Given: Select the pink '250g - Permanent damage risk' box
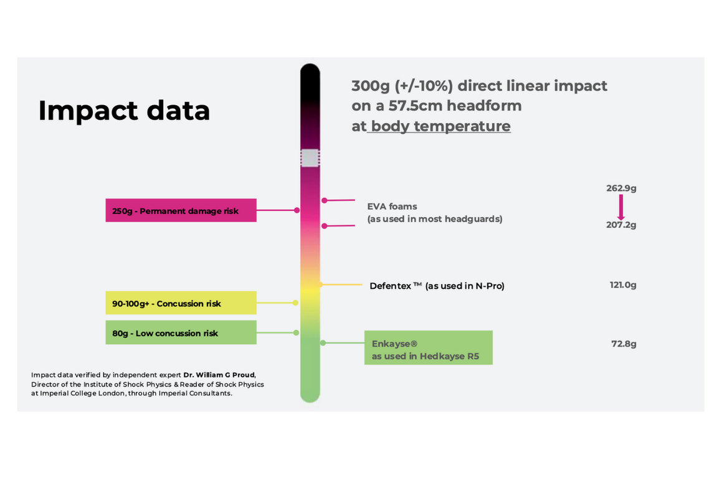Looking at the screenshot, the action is coord(181,210).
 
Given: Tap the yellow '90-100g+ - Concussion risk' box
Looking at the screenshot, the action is coord(181,302).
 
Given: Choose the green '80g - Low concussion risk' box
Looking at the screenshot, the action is coord(181,332).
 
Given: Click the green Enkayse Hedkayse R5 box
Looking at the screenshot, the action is coord(428,347).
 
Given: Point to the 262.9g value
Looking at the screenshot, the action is coord(621,188).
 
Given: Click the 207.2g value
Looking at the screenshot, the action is coord(621,225).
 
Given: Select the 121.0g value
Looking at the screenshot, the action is coord(622,285).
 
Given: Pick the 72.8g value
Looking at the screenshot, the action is coord(624,344).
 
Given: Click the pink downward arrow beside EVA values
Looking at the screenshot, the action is coord(621,207).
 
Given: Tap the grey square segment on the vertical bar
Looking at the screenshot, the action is coord(310,158).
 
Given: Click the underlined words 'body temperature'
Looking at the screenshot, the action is coord(440,126).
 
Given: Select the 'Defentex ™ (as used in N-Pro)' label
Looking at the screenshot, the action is coord(437,286).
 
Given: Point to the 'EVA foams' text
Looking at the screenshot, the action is coord(392,207).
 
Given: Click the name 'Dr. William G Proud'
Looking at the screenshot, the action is coord(219,375).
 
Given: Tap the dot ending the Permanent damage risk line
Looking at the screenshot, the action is coord(297,210).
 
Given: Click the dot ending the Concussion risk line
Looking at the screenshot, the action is coord(295,302).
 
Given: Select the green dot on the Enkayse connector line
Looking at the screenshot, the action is coord(323,343).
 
